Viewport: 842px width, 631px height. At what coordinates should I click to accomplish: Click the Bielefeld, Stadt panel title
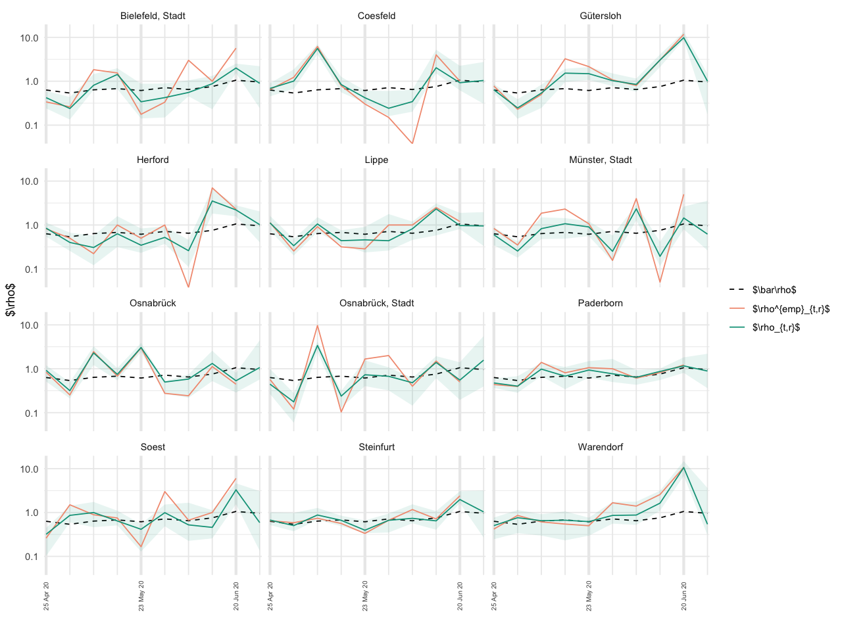click(153, 16)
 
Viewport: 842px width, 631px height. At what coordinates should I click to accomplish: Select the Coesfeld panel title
click(376, 16)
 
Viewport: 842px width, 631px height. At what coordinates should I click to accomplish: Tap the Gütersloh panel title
click(600, 16)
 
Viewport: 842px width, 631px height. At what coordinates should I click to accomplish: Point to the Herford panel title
click(153, 160)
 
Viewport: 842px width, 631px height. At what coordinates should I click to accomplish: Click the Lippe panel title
click(376, 160)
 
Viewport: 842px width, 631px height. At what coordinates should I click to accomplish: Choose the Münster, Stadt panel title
click(600, 160)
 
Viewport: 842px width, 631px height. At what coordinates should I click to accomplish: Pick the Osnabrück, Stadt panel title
click(376, 303)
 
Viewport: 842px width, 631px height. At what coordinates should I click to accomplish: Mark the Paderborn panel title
click(600, 303)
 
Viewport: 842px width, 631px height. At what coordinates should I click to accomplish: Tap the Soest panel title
click(153, 447)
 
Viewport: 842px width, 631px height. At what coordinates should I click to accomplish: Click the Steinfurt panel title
click(376, 447)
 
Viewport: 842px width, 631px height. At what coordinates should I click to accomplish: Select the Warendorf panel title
click(600, 447)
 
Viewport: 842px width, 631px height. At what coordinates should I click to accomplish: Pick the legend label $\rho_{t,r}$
click(776, 327)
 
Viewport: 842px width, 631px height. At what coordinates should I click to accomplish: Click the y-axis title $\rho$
click(11, 300)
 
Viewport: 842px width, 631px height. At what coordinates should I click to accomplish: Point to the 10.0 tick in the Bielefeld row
click(30, 38)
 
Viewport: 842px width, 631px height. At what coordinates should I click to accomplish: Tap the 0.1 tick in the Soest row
click(32, 557)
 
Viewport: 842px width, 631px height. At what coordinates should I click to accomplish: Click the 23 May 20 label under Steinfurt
click(365, 596)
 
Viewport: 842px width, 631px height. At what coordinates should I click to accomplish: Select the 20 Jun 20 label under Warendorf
click(683, 596)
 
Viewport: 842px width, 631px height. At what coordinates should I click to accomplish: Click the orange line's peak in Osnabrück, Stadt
click(317, 325)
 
